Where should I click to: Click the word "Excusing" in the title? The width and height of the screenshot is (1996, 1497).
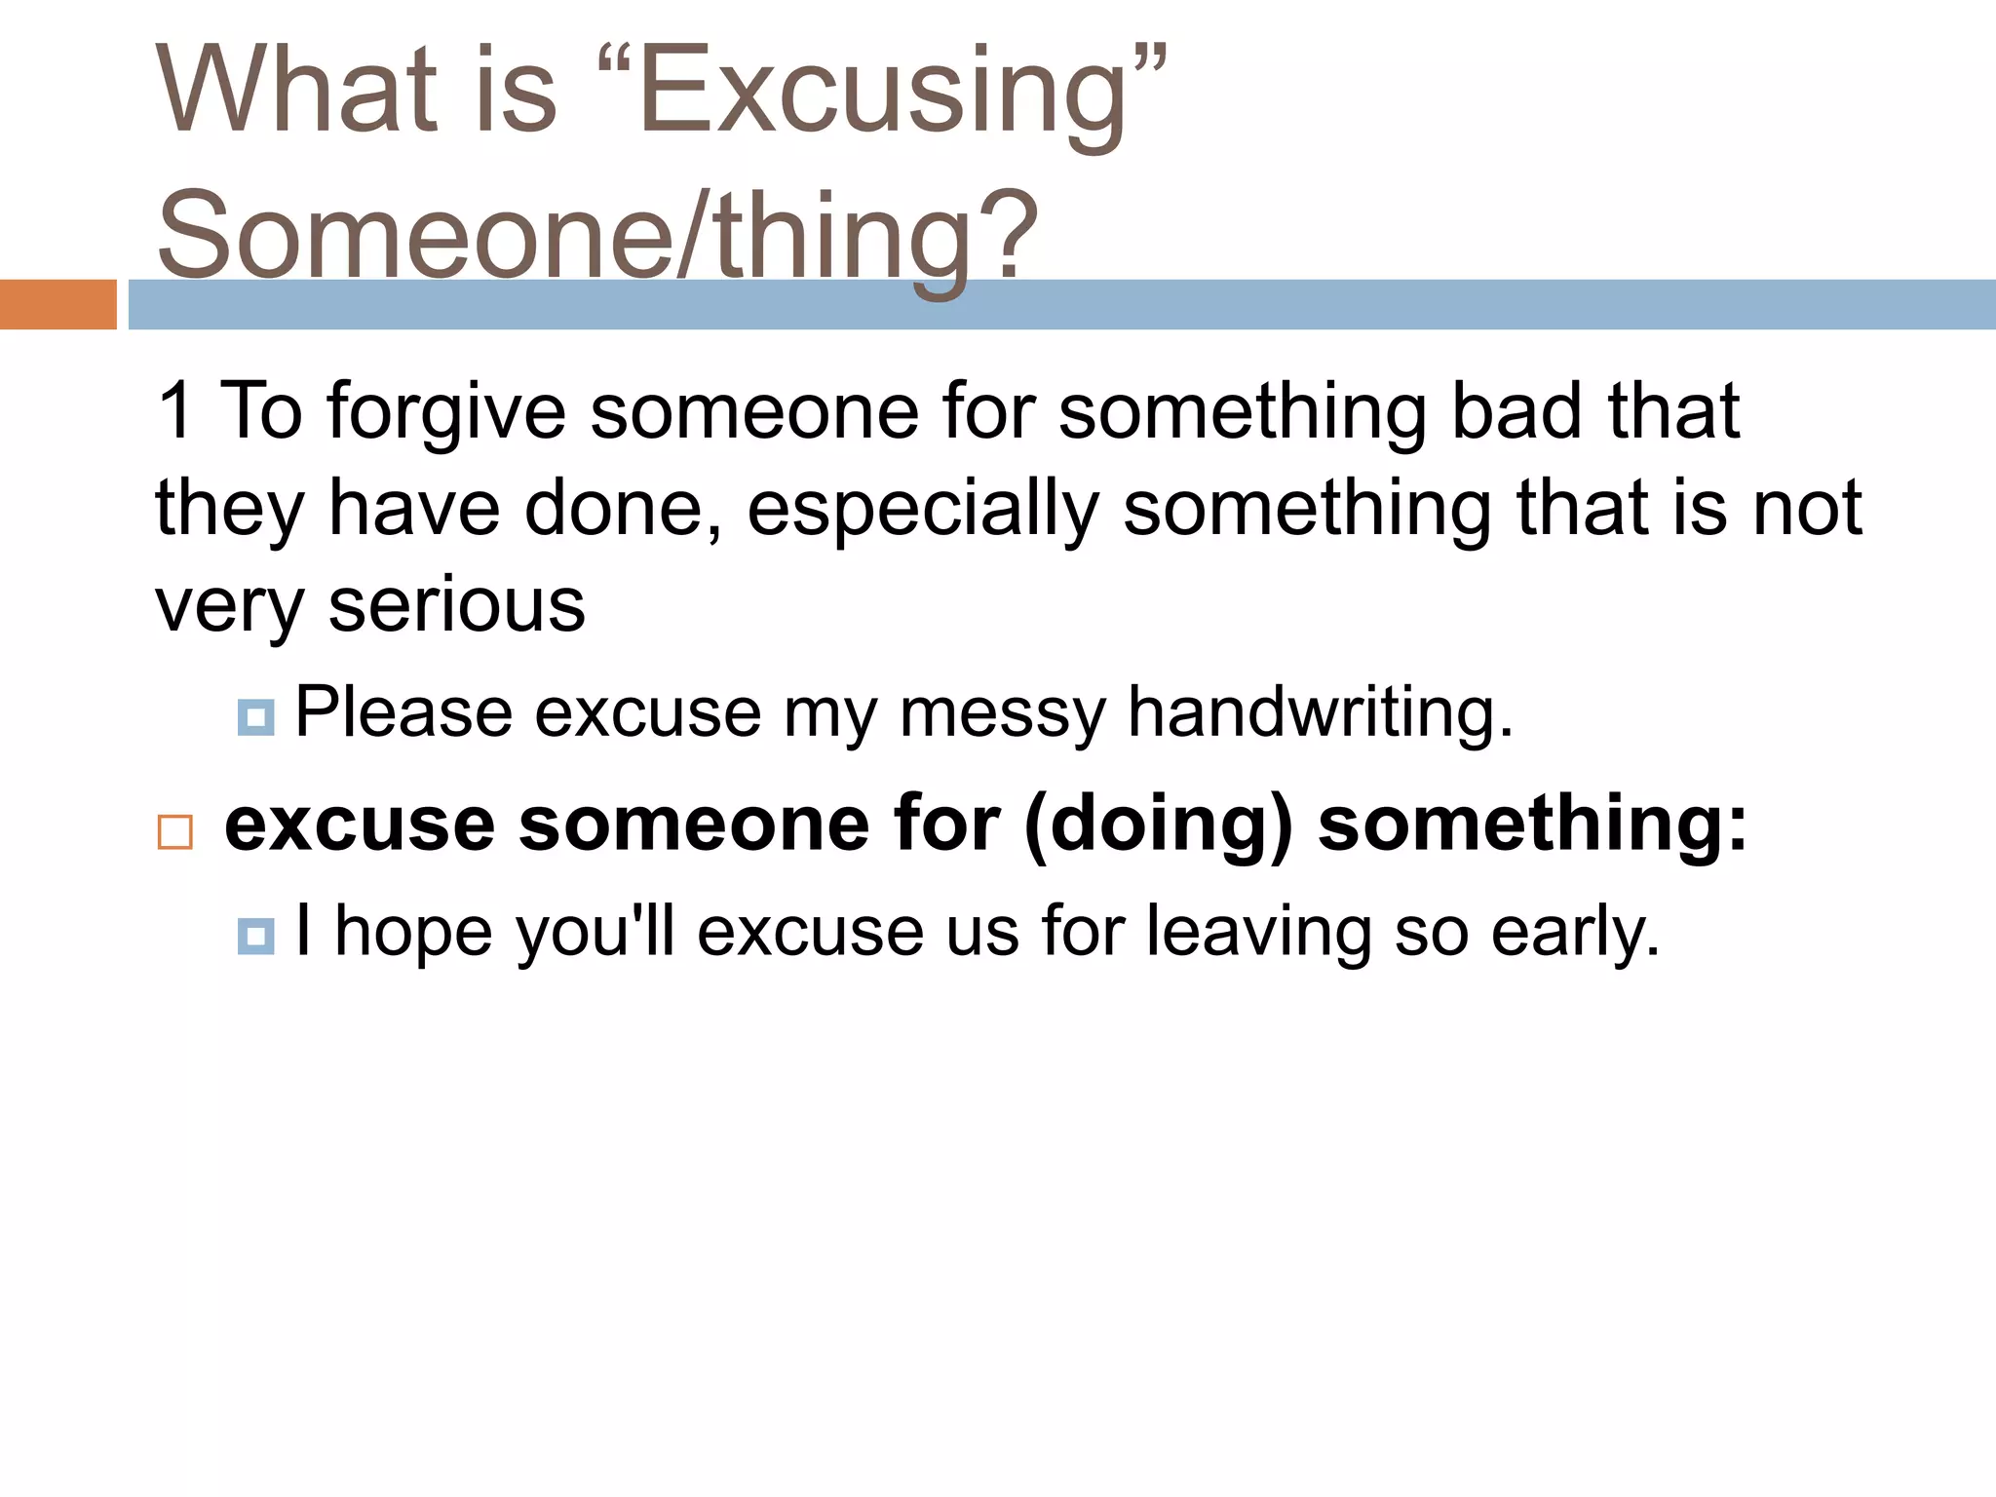[x=882, y=93]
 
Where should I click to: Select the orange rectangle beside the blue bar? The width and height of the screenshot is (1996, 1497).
[x=58, y=304]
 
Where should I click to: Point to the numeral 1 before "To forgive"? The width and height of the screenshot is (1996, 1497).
[x=175, y=411]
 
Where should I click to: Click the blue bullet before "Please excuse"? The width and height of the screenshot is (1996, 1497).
[x=255, y=718]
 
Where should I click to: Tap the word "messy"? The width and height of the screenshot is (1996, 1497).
[x=1002, y=713]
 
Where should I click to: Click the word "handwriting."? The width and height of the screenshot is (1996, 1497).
[x=1320, y=713]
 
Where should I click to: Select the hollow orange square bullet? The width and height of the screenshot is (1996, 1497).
[x=175, y=832]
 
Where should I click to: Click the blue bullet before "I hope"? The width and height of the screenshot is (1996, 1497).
[x=255, y=936]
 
